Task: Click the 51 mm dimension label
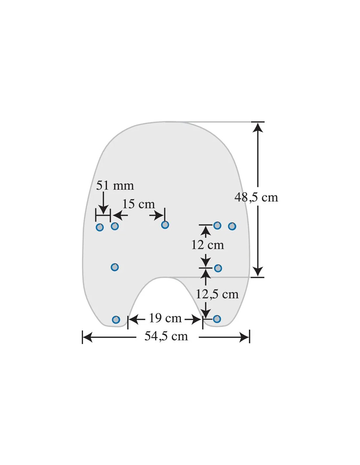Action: click(x=115, y=185)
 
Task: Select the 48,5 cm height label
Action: click(x=256, y=197)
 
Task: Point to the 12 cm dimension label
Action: click(x=207, y=245)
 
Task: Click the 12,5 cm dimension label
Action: click(x=217, y=294)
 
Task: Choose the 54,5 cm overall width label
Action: click(x=166, y=336)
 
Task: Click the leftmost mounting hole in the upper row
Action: click(x=99, y=227)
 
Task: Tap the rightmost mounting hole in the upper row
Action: click(x=232, y=226)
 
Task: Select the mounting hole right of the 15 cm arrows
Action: click(x=165, y=225)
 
